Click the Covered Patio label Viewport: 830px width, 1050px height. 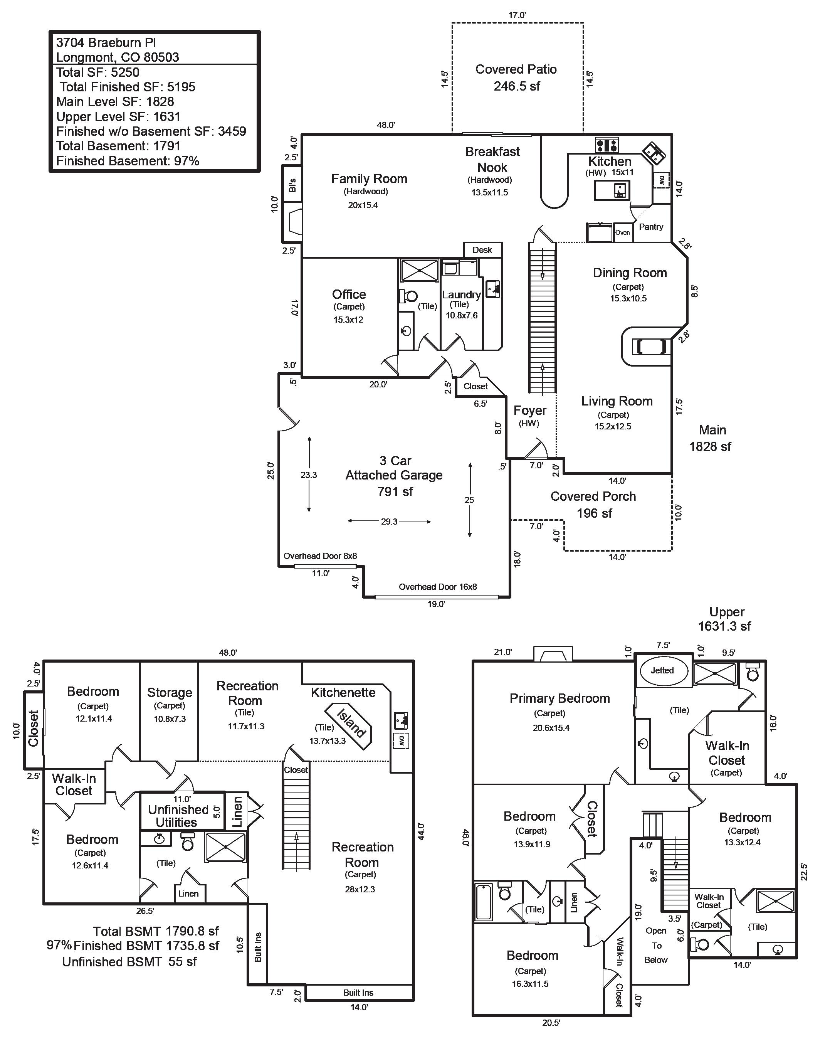tap(516, 69)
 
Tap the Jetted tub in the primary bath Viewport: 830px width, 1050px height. tap(662, 671)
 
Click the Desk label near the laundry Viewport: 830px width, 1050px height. tap(482, 250)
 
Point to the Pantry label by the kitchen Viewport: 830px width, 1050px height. tap(651, 227)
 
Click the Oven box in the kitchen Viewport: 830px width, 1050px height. tap(623, 233)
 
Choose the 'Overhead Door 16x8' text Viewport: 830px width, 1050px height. tap(438, 587)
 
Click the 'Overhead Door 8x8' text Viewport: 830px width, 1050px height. tap(320, 555)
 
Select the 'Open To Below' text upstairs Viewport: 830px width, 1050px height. tap(656, 945)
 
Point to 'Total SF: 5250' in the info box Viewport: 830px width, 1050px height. tap(97, 72)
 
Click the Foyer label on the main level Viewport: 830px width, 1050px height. tap(530, 411)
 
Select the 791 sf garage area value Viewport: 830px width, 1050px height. tap(395, 492)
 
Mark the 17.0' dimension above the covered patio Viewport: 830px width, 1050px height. tap(517, 15)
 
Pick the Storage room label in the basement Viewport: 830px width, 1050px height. tap(170, 692)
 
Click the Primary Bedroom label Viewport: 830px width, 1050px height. tap(559, 698)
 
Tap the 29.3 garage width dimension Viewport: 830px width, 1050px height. tap(389, 522)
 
